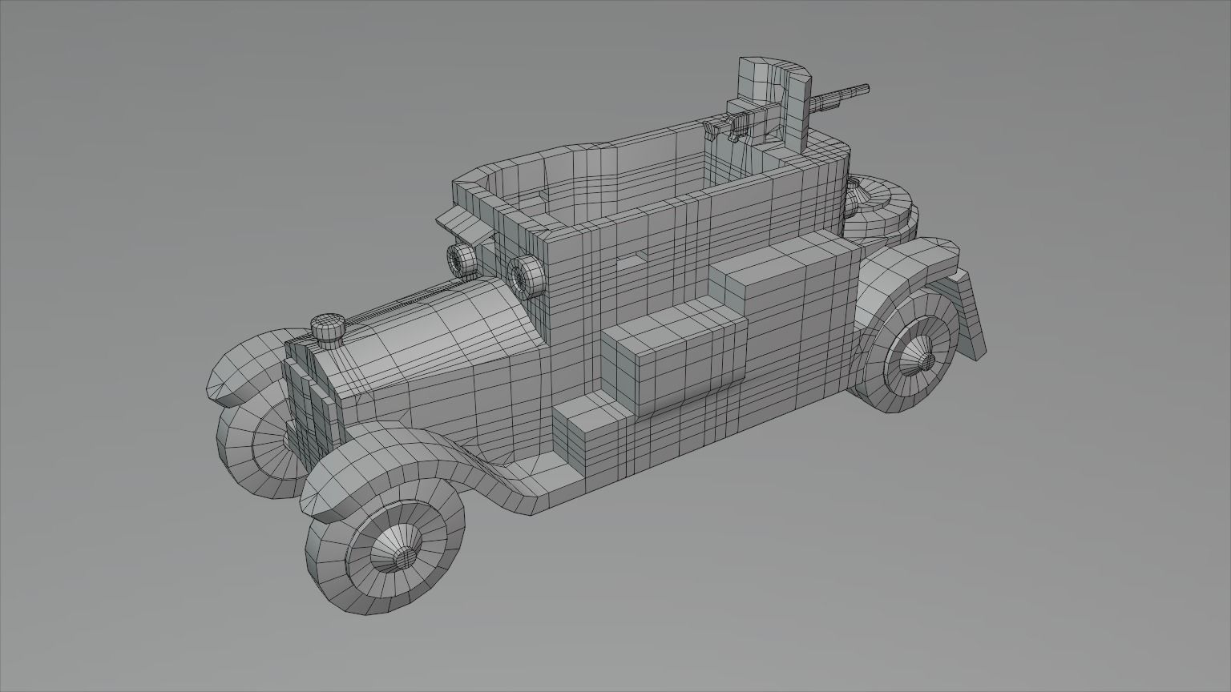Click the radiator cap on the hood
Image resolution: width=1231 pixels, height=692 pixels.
[x=327, y=328]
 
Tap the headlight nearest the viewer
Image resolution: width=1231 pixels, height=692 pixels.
[x=523, y=275]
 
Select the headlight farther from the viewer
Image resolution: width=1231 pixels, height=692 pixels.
[x=462, y=259]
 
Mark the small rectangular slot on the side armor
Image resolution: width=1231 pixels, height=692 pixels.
[x=637, y=258]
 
